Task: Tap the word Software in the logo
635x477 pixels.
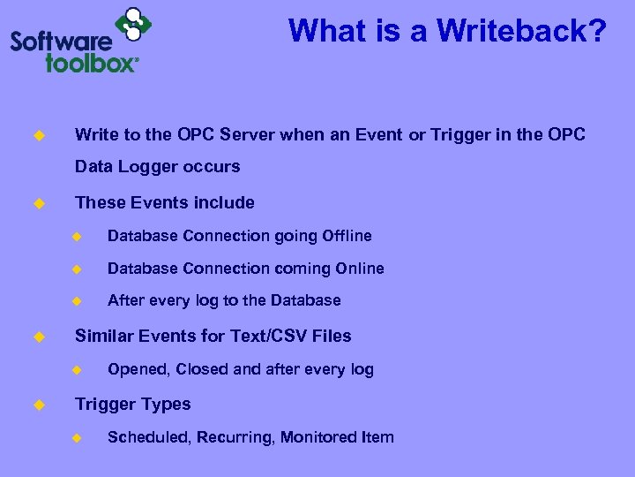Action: [x=61, y=41]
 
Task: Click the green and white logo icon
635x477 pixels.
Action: [x=132, y=24]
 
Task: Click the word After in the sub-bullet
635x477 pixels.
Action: [x=124, y=300]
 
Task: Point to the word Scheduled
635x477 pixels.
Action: [x=142, y=437]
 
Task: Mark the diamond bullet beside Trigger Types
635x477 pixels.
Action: [x=38, y=405]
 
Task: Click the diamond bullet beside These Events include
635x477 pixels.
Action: [x=38, y=203]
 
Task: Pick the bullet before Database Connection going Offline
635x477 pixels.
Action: [x=77, y=237]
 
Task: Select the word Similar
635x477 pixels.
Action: [x=103, y=336]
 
